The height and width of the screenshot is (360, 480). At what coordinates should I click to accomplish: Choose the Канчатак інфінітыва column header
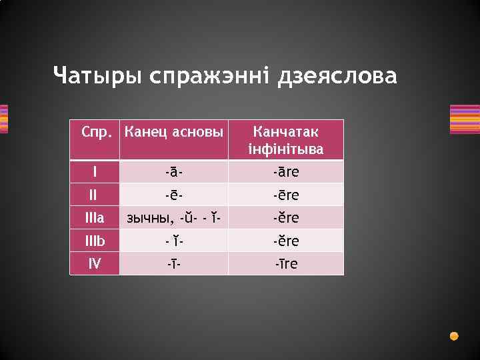pyautogui.click(x=286, y=140)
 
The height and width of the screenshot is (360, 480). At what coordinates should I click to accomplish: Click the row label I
pyautogui.click(x=95, y=172)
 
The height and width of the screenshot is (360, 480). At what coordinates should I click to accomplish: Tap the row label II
pyautogui.click(x=95, y=195)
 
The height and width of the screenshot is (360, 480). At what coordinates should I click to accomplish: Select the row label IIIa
pyautogui.click(x=95, y=218)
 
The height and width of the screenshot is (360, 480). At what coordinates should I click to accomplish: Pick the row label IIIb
pyautogui.click(x=95, y=241)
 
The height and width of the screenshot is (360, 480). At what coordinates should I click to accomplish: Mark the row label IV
pyautogui.click(x=95, y=263)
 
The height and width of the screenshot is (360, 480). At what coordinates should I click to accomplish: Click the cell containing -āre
pyautogui.click(x=286, y=172)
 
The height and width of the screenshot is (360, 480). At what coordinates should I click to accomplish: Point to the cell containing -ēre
pyautogui.click(x=286, y=195)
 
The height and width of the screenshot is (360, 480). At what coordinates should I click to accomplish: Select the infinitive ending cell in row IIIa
pyautogui.click(x=286, y=218)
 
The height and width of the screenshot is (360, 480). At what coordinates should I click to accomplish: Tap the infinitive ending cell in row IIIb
pyautogui.click(x=286, y=241)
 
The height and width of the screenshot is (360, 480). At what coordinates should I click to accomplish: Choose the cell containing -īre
pyautogui.click(x=286, y=263)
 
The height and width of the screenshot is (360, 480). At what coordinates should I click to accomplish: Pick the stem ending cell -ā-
pyautogui.click(x=174, y=172)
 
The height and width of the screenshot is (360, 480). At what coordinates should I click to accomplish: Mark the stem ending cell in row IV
pyautogui.click(x=174, y=263)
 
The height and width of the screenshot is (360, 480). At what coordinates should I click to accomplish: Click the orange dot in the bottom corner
pyautogui.click(x=454, y=335)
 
